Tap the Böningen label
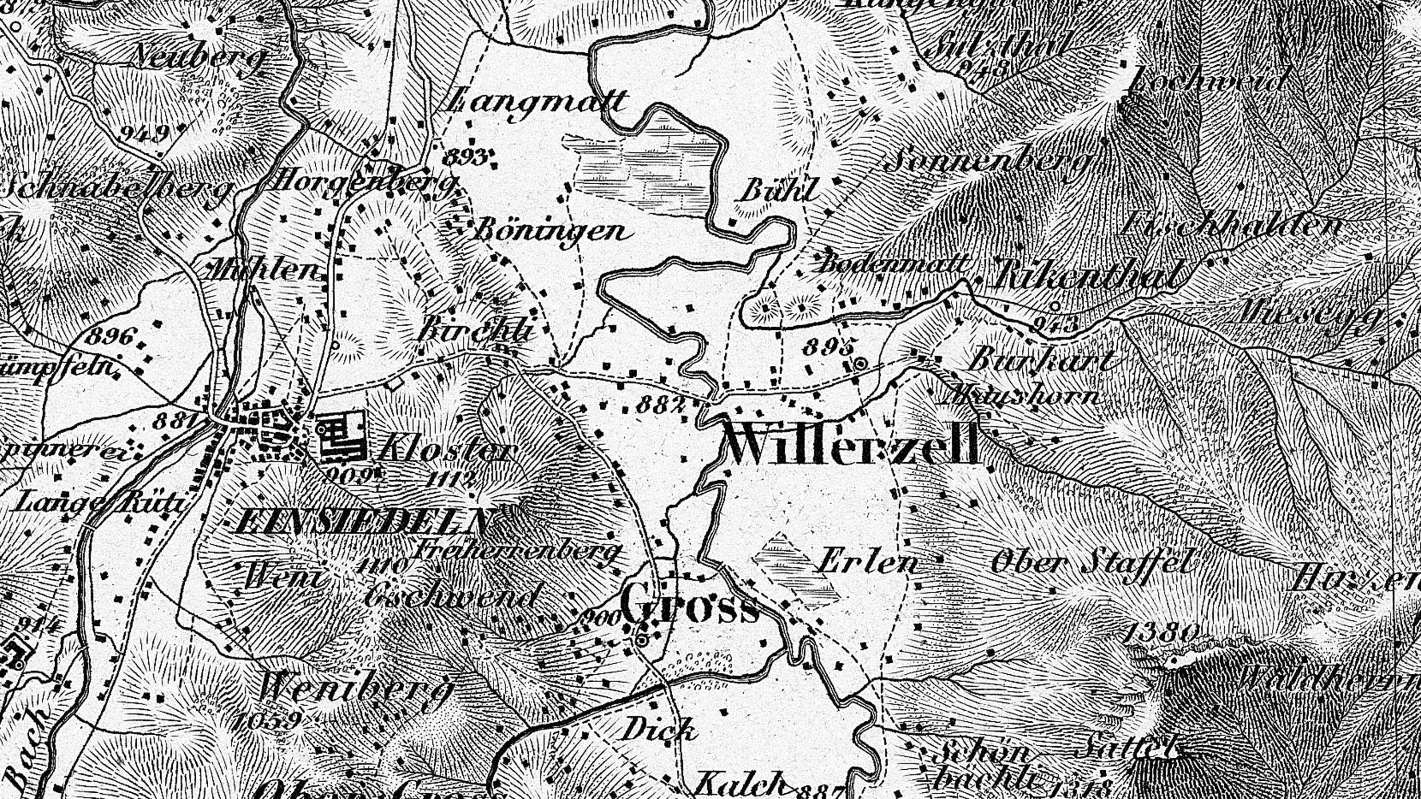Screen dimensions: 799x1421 click(552, 232)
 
